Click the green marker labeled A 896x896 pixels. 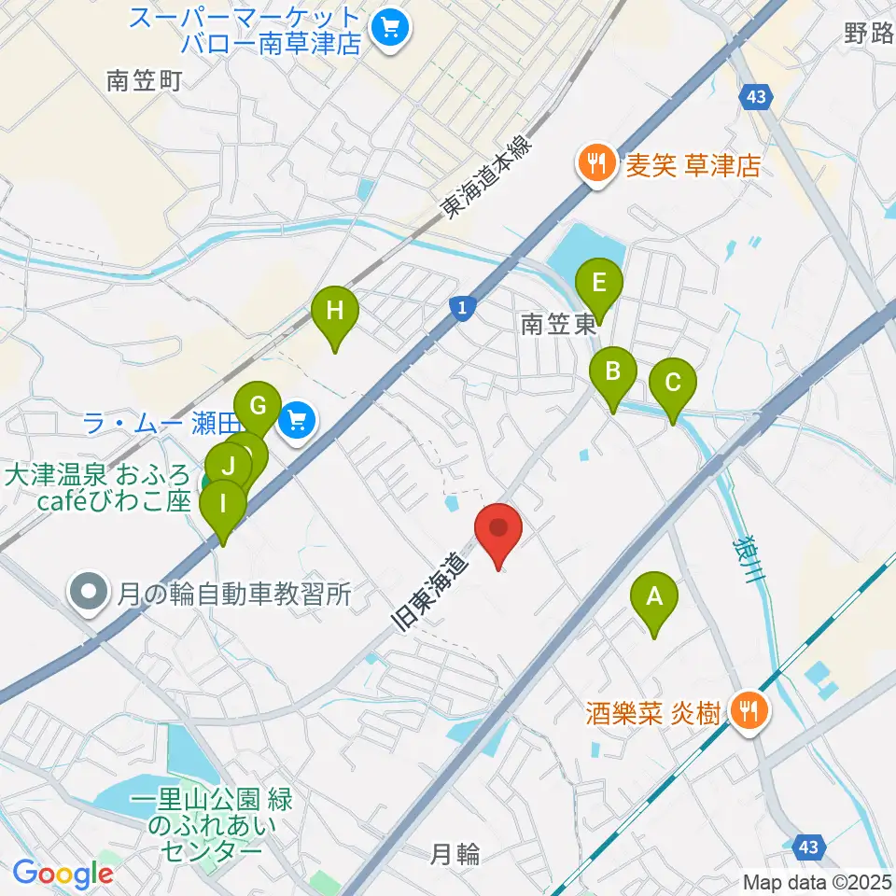(653, 598)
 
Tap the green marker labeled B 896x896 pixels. (613, 374)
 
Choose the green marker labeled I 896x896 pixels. (222, 507)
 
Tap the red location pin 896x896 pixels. (498, 530)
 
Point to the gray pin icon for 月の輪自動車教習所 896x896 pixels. (90, 592)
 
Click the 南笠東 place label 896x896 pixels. (558, 325)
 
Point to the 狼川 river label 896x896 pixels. (750, 561)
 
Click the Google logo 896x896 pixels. (63, 874)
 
